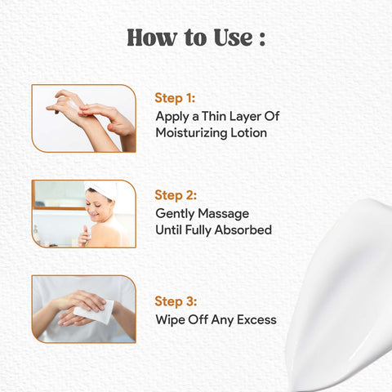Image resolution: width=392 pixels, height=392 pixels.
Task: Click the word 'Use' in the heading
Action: [234, 38]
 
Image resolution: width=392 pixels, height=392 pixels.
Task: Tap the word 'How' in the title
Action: [151, 38]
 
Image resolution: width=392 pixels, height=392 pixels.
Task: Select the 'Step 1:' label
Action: [175, 98]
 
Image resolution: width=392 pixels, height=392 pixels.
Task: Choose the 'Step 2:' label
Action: [176, 195]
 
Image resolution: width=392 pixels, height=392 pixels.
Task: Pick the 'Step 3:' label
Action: [176, 301]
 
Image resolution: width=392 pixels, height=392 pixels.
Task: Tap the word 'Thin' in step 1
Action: [214, 116]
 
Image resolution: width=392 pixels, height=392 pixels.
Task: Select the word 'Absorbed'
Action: [243, 229]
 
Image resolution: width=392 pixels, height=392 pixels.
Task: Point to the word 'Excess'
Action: [256, 320]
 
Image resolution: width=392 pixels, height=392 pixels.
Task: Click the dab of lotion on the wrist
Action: [73, 105]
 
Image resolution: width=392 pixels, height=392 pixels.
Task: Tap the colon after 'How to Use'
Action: [262, 38]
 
